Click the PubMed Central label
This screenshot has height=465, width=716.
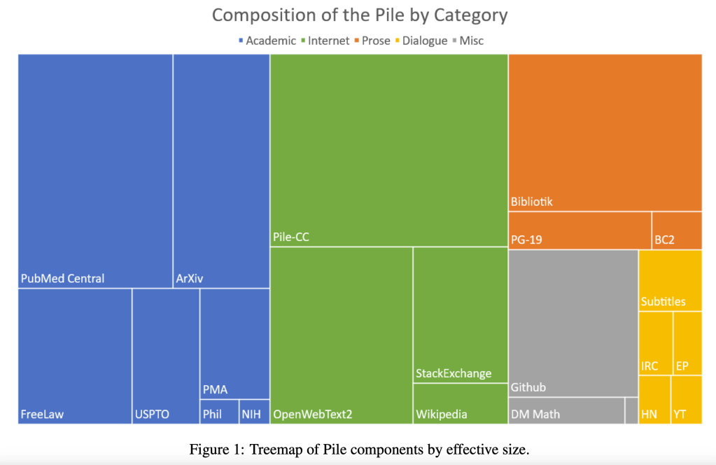[x=62, y=279]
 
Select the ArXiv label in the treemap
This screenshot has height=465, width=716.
[x=190, y=279]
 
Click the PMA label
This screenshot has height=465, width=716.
[x=215, y=389]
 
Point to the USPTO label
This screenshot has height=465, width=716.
[x=152, y=415]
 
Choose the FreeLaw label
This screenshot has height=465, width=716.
[x=42, y=415]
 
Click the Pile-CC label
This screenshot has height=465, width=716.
[x=291, y=237]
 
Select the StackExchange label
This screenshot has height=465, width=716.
[x=454, y=373]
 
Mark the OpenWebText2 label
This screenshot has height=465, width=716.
[x=312, y=415]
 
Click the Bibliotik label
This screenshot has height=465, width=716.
[x=532, y=202]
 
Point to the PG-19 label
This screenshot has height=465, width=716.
[x=526, y=240]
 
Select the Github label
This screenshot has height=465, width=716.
[x=528, y=387]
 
